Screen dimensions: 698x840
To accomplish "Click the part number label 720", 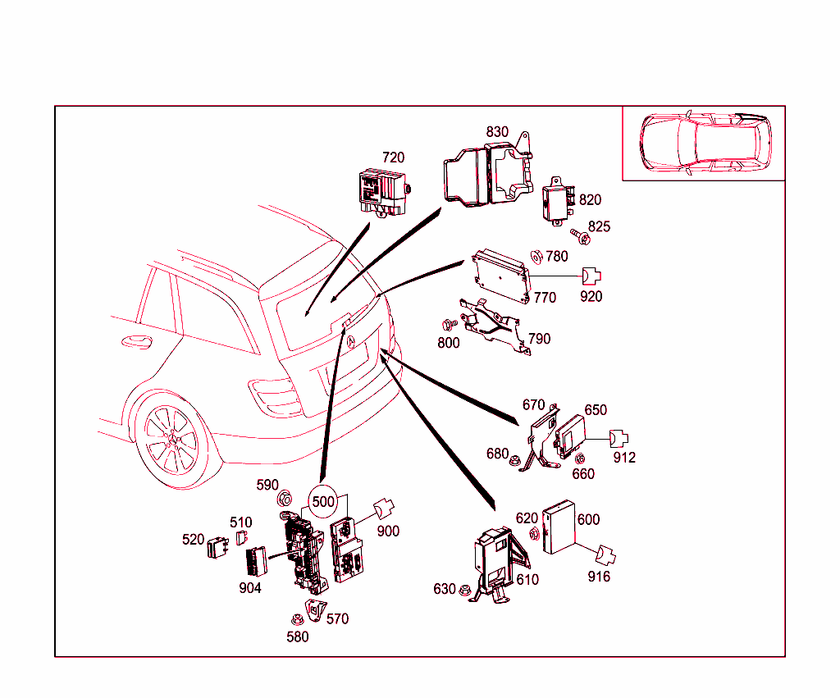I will (x=393, y=157).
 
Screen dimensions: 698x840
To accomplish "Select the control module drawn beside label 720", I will (x=383, y=190).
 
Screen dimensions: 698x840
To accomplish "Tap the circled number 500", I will (x=323, y=501).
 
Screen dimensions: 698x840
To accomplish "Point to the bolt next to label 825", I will (x=580, y=235).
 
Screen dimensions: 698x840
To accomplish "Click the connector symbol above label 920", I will (x=591, y=276).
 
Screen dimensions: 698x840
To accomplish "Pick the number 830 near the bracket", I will (x=497, y=132).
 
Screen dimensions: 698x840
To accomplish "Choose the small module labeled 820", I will (x=555, y=201).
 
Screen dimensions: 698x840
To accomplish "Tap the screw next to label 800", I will (x=448, y=325).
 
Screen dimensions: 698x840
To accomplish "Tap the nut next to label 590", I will (x=285, y=496).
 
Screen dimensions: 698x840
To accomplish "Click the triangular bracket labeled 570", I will (x=315, y=611).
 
